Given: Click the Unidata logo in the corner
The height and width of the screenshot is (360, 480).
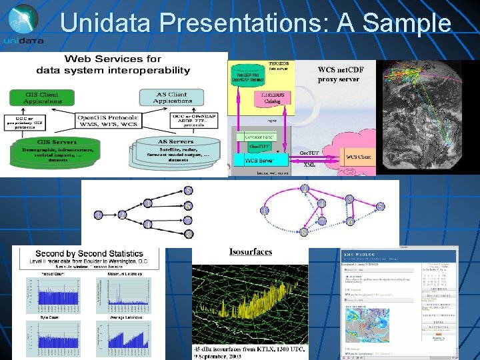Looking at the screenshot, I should (x=23, y=25).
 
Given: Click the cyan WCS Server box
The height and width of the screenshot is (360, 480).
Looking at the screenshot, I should (x=259, y=160).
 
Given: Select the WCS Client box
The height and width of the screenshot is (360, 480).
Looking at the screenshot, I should (x=359, y=157).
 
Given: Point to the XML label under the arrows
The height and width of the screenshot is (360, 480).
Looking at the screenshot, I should (x=309, y=165).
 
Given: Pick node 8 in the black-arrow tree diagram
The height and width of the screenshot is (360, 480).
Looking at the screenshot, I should (x=189, y=234).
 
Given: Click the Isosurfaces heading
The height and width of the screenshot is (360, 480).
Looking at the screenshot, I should (x=250, y=251).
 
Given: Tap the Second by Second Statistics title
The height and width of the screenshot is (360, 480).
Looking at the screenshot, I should (x=89, y=253).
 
